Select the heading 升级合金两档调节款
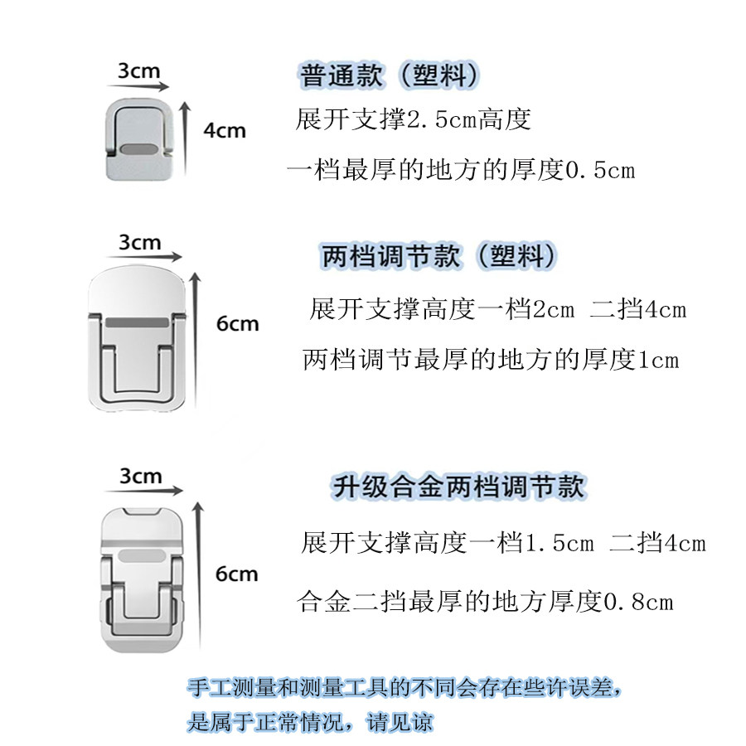coord(458,485)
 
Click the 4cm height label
coord(224,130)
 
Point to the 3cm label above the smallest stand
coord(138,70)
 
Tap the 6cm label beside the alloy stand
coord(237,574)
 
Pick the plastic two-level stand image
coord(139,340)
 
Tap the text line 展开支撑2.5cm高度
coord(413,120)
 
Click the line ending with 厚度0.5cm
coord(461,170)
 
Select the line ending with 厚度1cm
coord(491,360)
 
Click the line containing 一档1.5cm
coord(504,544)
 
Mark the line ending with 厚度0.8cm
coord(485,601)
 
